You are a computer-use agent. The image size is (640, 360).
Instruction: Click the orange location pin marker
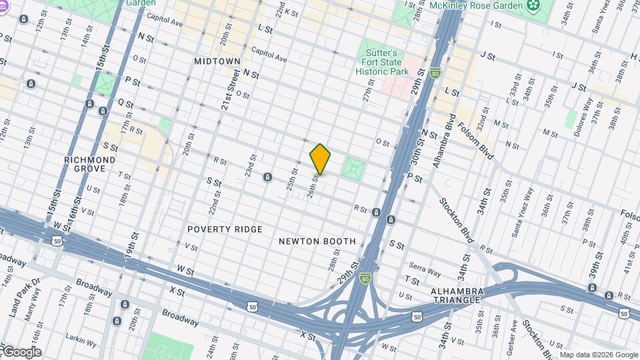(320, 159)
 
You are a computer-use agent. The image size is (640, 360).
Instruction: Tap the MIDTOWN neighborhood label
(217, 61)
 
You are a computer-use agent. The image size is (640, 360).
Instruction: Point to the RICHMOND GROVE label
(90, 164)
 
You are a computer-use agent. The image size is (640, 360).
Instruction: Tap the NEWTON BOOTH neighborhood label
(317, 241)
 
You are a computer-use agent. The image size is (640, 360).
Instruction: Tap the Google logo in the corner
(21, 352)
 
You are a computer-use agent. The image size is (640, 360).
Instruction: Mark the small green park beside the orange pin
(354, 167)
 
